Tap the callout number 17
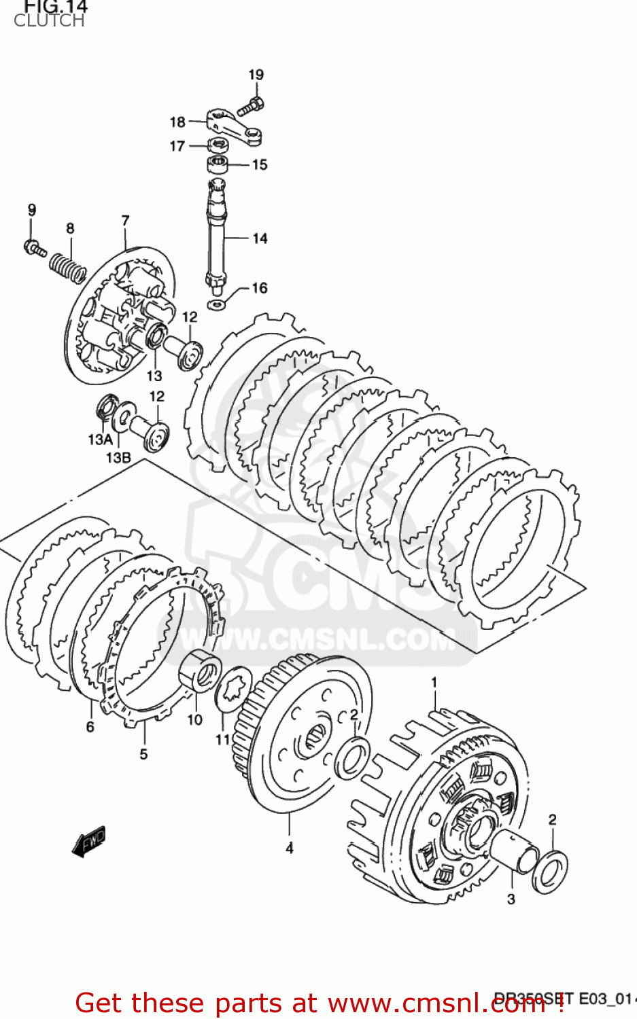click(177, 146)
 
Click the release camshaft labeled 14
click(217, 234)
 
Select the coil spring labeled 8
click(67, 266)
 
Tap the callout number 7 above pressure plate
click(125, 221)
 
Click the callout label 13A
click(100, 440)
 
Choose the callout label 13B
click(118, 457)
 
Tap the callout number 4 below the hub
click(290, 848)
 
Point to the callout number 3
click(511, 899)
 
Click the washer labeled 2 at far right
click(549, 872)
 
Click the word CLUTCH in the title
click(49, 21)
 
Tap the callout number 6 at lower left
click(90, 727)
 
